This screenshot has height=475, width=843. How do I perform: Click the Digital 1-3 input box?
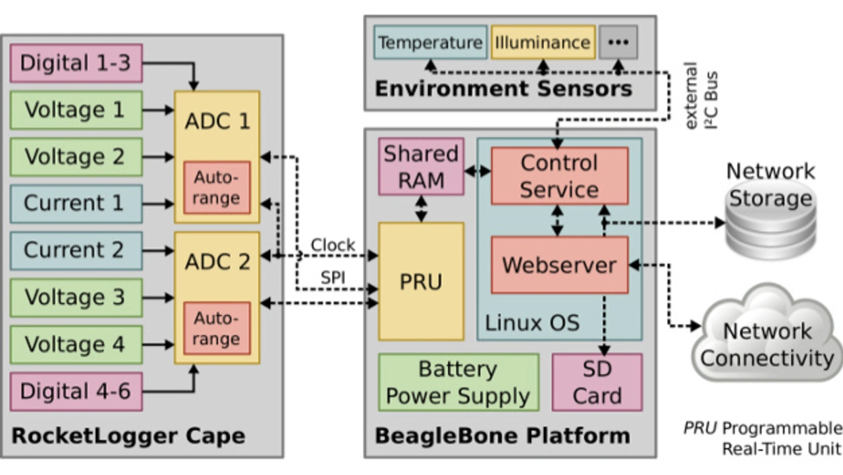76,63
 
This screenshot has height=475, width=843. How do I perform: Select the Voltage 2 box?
76,157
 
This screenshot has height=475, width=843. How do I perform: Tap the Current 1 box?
76,204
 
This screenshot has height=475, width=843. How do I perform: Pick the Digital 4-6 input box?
76,391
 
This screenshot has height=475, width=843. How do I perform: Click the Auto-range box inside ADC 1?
217,188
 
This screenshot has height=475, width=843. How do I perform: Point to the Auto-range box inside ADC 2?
217,328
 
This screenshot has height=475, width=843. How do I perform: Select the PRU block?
421,281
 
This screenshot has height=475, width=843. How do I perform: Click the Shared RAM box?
421,167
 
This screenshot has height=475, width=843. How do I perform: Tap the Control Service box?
559,176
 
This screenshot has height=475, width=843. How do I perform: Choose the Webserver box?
559,265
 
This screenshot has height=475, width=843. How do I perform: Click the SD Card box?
597,382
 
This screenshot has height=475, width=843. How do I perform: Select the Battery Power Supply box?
458,382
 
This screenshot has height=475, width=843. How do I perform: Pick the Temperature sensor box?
431,43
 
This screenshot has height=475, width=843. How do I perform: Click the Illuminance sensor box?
543,43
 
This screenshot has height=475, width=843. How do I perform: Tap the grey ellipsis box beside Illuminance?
618,43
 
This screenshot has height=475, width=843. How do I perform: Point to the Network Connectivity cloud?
768,343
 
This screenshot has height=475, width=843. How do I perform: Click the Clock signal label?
333,245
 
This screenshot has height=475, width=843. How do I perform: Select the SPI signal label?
333,278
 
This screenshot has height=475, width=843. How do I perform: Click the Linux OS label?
532,323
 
